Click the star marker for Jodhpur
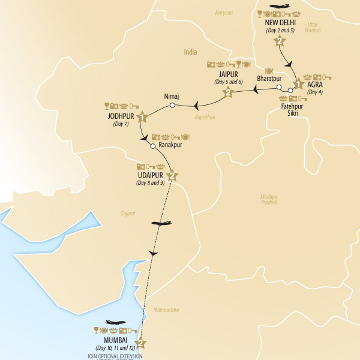click(142, 116)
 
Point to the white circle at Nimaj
click(172, 106)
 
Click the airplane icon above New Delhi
click(279, 7)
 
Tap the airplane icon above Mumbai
click(116, 323)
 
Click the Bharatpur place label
click(269, 78)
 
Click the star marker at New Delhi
click(279, 41)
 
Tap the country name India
click(191, 52)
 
